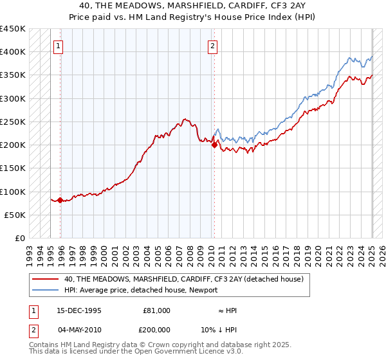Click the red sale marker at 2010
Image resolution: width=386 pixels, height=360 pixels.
[x=214, y=145]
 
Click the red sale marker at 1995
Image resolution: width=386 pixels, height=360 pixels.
[x=60, y=201]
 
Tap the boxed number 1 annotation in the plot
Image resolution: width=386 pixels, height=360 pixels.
[x=59, y=46]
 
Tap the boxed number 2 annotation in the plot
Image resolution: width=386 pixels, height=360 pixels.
[x=212, y=46]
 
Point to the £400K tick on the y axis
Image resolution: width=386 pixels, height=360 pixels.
[x=13, y=51]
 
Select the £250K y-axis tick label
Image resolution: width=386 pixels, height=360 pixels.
[x=13, y=122]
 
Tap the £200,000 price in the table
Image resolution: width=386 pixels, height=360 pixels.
[x=156, y=328]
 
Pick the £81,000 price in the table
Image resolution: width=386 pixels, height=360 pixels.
[x=157, y=310]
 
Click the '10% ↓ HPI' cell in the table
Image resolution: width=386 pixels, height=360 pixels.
[x=228, y=328]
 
